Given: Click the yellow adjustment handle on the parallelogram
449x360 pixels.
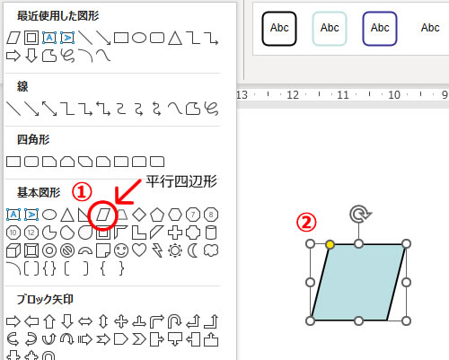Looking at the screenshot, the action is tap(330, 244).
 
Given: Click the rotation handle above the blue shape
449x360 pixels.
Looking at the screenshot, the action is tap(360, 215).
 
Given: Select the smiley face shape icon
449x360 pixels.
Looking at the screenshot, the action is tap(121, 250).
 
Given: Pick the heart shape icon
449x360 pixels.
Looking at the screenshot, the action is tap(139, 250).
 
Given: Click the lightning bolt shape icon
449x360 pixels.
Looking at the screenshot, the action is tap(157, 250).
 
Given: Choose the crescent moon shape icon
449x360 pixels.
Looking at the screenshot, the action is tap(193, 250).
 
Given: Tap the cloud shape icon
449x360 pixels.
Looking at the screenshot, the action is tap(211, 250).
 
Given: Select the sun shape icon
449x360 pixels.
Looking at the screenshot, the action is tap(175, 250).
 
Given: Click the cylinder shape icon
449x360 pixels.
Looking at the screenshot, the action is tap(211, 233).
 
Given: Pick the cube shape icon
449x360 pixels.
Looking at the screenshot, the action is tap(13, 250).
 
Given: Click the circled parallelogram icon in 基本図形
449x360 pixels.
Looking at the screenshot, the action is tap(103, 215).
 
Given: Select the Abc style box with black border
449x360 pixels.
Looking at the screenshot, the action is tap(279, 29).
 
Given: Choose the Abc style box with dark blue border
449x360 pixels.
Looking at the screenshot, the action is tap(380, 29).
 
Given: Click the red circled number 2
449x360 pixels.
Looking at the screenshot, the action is tap(306, 223).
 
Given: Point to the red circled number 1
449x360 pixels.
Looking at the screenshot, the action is tap(82, 192).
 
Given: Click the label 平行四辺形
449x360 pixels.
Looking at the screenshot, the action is tap(181, 181).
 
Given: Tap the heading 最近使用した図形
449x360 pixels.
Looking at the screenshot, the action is tap(58, 15).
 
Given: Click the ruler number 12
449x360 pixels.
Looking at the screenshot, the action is tap(293, 95).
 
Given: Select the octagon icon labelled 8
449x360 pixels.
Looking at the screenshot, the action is tap(211, 215).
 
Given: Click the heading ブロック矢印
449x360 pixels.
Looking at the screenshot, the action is tap(45, 299).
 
